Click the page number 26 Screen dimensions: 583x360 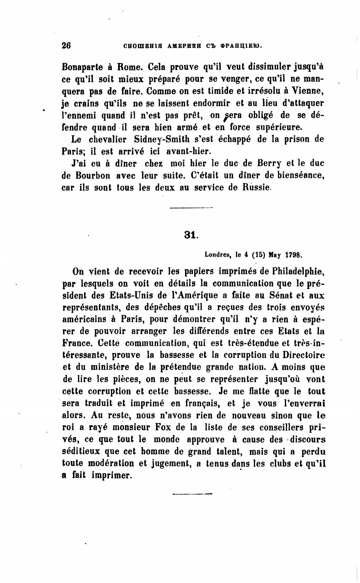point(66,45)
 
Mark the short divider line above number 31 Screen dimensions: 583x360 point(191,208)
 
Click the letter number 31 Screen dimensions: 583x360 point(190,235)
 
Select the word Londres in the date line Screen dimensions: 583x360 point(218,254)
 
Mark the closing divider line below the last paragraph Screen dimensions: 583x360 point(192,494)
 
